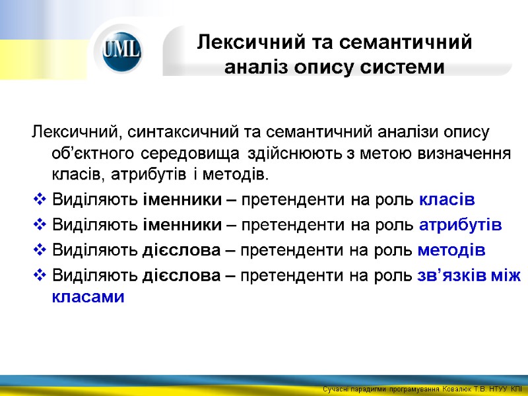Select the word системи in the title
pyautogui.click(x=407, y=67)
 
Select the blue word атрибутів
pyautogui.click(x=460, y=225)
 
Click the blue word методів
pyautogui.click(x=452, y=250)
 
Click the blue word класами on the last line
pyautogui.click(x=88, y=297)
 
